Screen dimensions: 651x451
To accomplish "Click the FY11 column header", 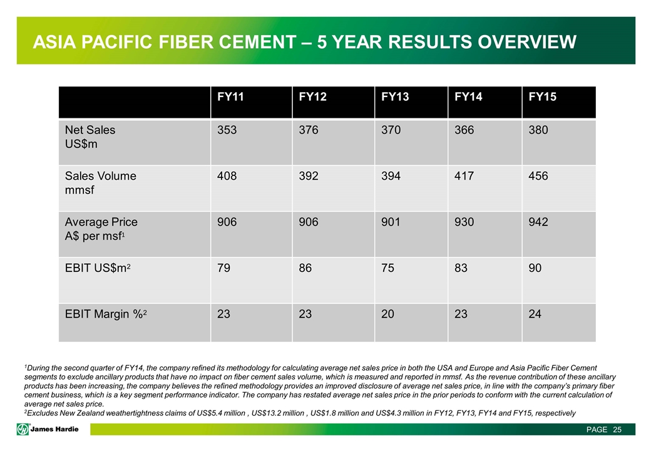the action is coord(230,96).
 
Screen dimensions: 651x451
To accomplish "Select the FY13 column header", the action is coord(395,96).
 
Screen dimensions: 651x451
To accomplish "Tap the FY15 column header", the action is coord(542,96).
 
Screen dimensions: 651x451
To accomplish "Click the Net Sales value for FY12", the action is coord(309,130).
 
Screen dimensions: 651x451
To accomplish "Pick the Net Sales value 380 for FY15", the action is coord(538,130).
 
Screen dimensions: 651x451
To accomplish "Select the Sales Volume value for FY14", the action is coord(464,176).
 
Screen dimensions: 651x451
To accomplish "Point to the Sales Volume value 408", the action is coord(227,176).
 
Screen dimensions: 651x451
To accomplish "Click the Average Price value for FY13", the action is coord(391,222).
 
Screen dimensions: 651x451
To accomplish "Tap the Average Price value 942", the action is coord(538,222).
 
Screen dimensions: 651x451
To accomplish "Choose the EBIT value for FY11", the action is coord(223,268).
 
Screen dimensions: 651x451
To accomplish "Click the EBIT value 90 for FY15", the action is coord(535,268).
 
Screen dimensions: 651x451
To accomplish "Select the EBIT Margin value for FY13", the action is coord(387,314).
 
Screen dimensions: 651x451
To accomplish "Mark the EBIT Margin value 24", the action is coord(535,314).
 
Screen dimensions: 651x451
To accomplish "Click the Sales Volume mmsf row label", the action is coord(101,183).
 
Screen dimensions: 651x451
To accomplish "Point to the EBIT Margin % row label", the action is coord(106,314).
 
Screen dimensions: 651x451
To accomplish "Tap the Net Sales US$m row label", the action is coord(90,137).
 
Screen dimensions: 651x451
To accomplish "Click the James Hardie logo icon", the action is coord(23,430).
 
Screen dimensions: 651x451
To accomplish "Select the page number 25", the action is coord(617,430).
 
